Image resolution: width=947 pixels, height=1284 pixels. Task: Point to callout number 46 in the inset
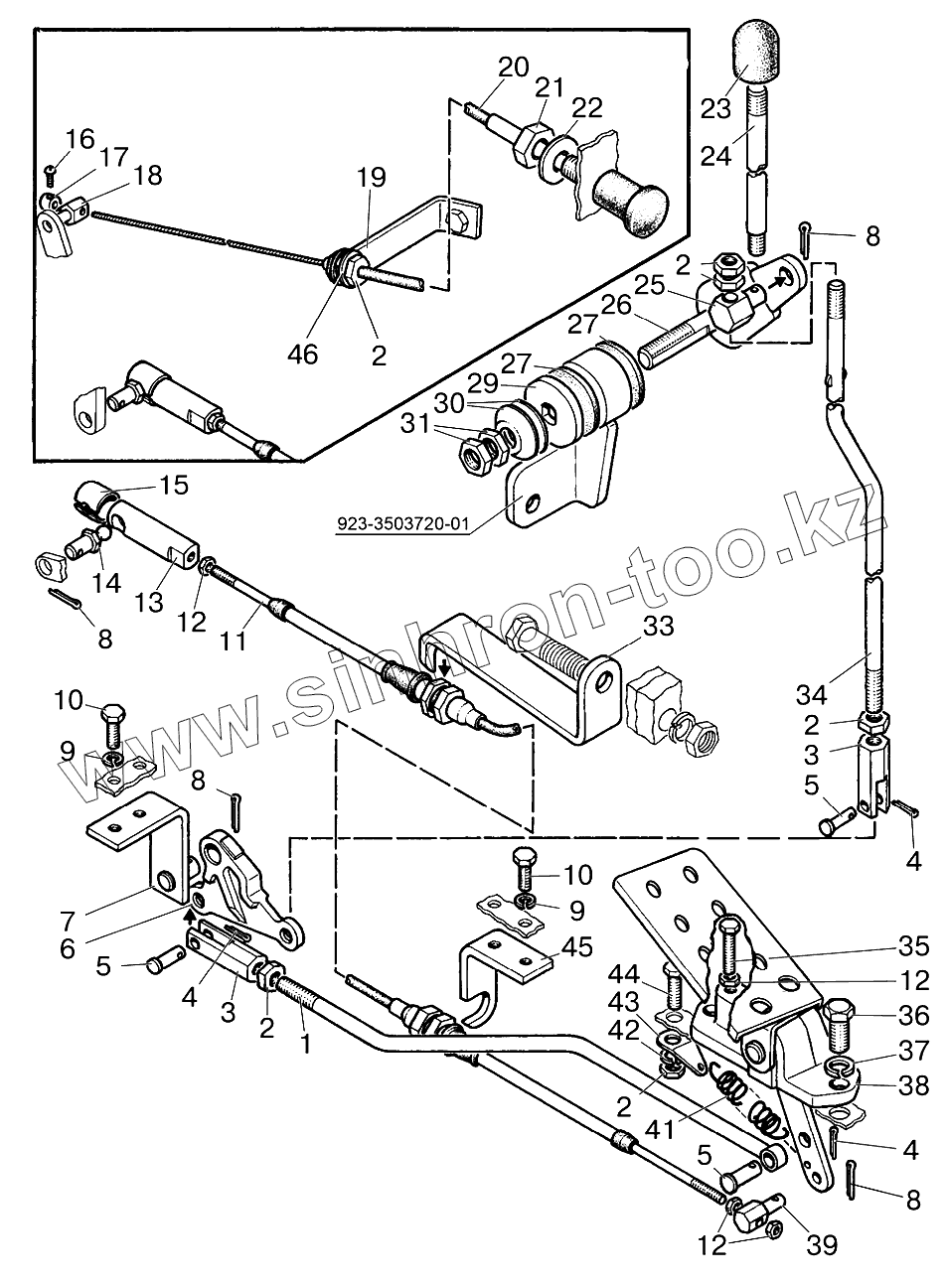pos(304,354)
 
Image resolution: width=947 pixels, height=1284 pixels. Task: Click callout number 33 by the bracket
pos(658,628)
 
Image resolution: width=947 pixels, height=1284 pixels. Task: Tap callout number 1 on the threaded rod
pos(305,1044)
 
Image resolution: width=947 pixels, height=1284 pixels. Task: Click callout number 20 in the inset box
pos(513,68)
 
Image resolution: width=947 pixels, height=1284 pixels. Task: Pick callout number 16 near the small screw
pos(81,136)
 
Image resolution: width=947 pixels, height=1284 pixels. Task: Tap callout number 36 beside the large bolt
pos(912,1016)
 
